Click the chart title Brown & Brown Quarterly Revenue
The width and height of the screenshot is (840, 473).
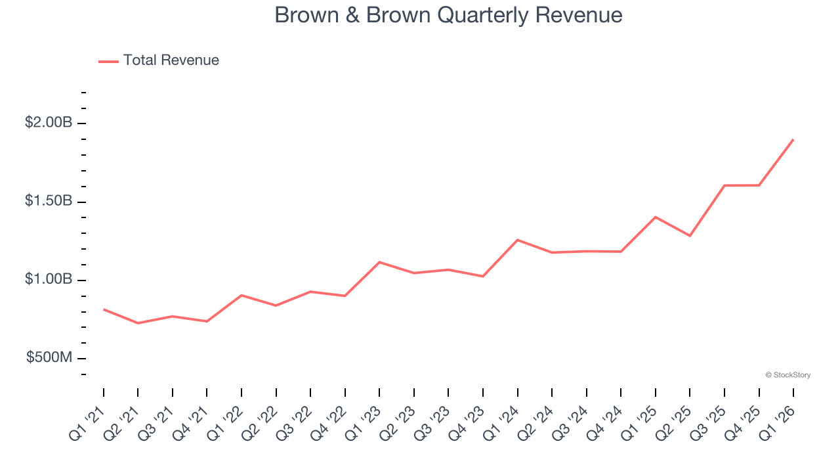click(448, 15)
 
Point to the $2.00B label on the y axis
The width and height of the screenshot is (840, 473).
click(49, 122)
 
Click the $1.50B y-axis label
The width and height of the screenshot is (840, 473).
click(49, 201)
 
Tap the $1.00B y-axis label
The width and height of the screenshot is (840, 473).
click(49, 279)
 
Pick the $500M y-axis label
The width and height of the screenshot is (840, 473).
click(49, 357)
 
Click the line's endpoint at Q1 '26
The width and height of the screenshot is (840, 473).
click(793, 139)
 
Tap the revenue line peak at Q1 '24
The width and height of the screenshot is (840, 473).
click(518, 240)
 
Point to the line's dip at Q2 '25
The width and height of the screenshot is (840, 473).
click(690, 235)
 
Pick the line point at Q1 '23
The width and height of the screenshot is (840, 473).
click(379, 262)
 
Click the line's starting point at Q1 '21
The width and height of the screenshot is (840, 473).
click(104, 309)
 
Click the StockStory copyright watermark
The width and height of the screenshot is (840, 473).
click(788, 375)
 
